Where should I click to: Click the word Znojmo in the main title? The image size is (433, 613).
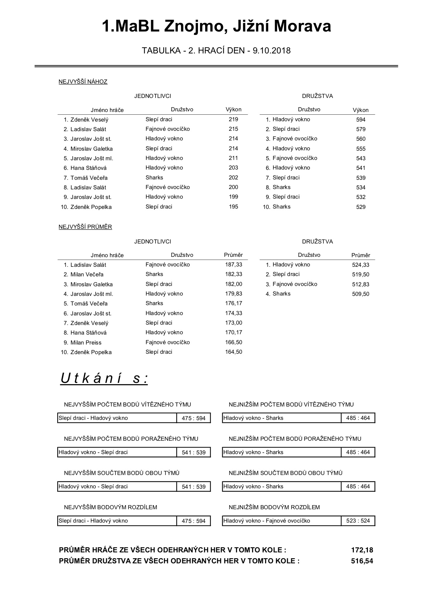(194, 27)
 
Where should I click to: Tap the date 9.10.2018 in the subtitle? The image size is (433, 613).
(271, 51)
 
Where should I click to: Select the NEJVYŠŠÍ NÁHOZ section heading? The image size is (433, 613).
(83, 82)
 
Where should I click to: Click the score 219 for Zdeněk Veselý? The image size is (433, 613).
(233, 120)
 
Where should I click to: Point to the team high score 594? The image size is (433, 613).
(361, 120)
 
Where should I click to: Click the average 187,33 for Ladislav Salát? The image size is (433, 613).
(234, 265)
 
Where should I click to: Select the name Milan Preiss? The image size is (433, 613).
(86, 342)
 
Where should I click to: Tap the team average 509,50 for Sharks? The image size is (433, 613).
(361, 294)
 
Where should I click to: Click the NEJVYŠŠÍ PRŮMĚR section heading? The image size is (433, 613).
(85, 227)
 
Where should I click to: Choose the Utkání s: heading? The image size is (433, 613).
(104, 378)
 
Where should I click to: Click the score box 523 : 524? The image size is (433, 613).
(358, 521)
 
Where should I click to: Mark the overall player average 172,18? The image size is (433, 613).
(362, 550)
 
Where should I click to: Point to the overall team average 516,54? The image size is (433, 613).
(362, 561)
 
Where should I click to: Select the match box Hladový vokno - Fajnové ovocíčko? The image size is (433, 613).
(267, 521)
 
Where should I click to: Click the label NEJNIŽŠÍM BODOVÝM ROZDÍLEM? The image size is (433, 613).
(274, 507)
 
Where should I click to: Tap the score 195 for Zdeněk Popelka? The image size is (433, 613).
(233, 207)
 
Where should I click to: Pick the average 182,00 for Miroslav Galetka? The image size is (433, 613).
(234, 284)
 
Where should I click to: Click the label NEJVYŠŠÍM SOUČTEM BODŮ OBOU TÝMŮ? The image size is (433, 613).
(122, 473)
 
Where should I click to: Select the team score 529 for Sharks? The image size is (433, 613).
(361, 207)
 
